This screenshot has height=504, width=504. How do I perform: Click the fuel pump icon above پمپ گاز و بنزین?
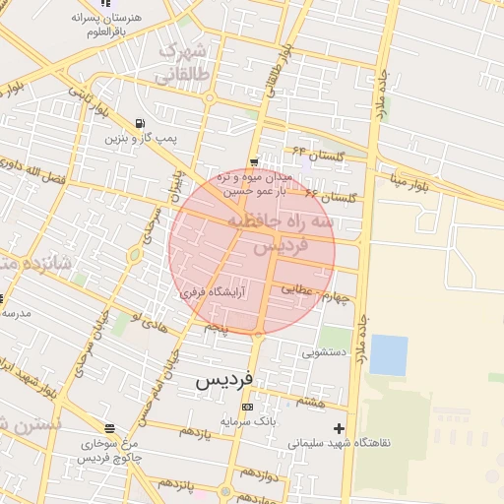coord(138,124)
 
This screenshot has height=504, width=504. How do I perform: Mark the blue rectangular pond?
coord(388,354)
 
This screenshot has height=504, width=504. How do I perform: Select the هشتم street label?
coord(309,401)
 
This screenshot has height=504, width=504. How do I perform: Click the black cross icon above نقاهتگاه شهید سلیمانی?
coord(340,428)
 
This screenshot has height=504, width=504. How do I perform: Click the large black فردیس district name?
coord(224,379)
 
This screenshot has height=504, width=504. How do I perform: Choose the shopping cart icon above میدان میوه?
coord(255,162)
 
